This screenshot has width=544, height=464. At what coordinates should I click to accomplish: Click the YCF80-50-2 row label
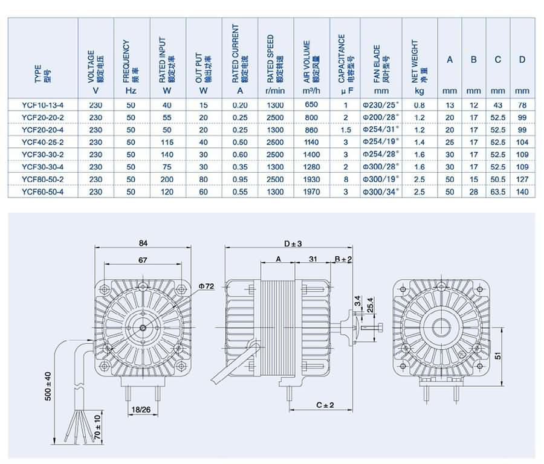pyautogui.click(x=43, y=179)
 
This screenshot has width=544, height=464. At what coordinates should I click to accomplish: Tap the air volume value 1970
pyautogui.click(x=311, y=192)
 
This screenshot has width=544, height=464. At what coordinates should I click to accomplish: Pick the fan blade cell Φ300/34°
pyautogui.click(x=381, y=192)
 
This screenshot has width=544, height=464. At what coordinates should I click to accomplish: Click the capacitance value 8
pyautogui.click(x=346, y=179)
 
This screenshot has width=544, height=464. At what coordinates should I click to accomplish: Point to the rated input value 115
pyautogui.click(x=167, y=142)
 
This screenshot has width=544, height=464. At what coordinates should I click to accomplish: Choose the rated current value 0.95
pyautogui.click(x=240, y=179)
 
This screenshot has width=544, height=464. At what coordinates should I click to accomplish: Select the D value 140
pyautogui.click(x=522, y=192)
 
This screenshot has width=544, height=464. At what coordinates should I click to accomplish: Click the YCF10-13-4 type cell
pyautogui.click(x=43, y=105)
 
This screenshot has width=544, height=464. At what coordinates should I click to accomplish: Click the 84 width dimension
pyautogui.click(x=143, y=243)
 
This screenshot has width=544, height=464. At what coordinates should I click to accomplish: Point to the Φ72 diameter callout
pyautogui.click(x=207, y=286)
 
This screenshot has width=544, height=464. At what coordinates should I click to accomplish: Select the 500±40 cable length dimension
pyautogui.click(x=48, y=386)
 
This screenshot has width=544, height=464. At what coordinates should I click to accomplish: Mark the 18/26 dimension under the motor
pyautogui.click(x=141, y=410)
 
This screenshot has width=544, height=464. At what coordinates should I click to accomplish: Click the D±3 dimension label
pyautogui.click(x=293, y=244)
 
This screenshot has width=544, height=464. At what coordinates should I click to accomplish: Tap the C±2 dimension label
pyautogui.click(x=325, y=405)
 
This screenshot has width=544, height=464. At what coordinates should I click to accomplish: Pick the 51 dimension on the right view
pyautogui.click(x=498, y=355)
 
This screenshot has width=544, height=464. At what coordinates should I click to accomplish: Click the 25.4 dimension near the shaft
pyautogui.click(x=371, y=305)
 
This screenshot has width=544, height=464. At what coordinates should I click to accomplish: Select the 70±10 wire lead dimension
pyautogui.click(x=97, y=427)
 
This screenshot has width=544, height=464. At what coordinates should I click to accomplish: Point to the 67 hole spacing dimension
pyautogui.click(x=143, y=260)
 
